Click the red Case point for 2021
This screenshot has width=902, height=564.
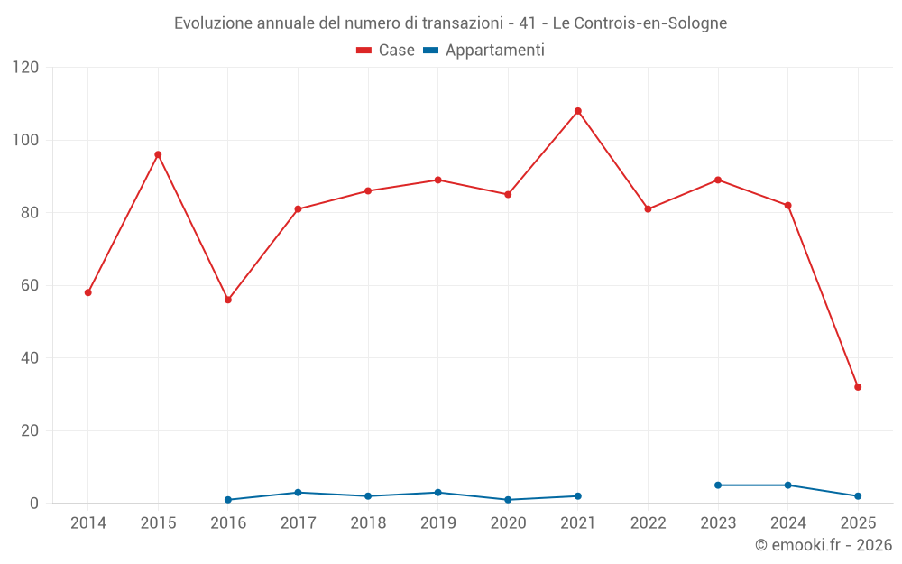click(578, 111)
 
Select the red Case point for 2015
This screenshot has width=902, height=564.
click(158, 154)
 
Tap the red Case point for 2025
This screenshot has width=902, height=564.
click(858, 387)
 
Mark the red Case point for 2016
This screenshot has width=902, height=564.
click(228, 300)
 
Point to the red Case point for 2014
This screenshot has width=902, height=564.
click(87, 292)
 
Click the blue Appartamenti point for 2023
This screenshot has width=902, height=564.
click(718, 485)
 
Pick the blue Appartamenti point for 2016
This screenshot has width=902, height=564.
click(228, 500)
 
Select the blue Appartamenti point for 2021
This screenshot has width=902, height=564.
click(578, 496)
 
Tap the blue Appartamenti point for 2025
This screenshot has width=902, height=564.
click(858, 496)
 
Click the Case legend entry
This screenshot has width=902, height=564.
click(386, 51)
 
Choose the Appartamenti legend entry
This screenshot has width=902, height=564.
click(484, 51)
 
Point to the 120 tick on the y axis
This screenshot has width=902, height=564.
click(25, 68)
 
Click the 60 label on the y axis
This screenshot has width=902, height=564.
click(31, 286)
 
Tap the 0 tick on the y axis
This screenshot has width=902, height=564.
click(35, 504)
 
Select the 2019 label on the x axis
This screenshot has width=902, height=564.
click(438, 523)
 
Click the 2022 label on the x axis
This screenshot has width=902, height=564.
click(648, 523)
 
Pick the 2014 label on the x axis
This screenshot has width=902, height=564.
click(87, 523)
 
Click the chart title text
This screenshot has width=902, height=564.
click(450, 23)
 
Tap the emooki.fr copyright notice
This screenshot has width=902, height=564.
click(823, 545)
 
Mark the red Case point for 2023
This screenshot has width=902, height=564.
click(718, 180)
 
